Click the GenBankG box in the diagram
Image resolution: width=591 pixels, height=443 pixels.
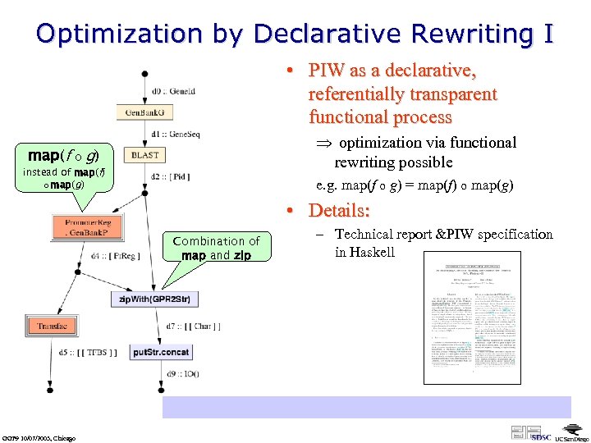click(145, 112)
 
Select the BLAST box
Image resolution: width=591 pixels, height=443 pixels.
click(145, 154)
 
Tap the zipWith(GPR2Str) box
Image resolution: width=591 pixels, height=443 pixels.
click(154, 299)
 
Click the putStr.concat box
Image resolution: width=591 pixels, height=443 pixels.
click(161, 351)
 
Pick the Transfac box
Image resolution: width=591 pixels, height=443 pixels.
click(52, 326)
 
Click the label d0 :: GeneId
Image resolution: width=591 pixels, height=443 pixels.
click(174, 91)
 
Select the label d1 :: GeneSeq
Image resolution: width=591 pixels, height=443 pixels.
click(176, 134)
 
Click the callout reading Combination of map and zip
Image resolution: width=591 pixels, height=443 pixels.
click(215, 248)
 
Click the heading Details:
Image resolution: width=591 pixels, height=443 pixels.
click(339, 210)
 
